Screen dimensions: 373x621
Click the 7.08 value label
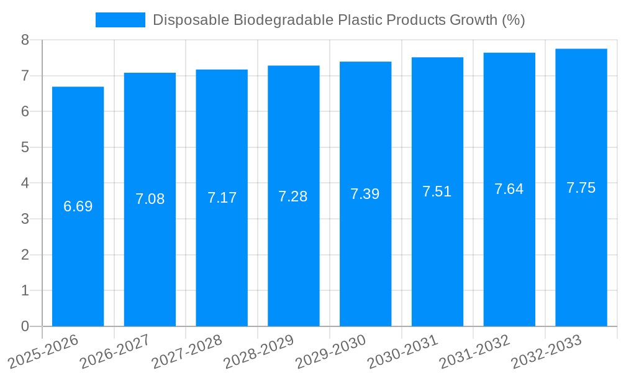150,199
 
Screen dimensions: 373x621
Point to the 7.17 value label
222,198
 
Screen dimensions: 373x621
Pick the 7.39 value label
365,194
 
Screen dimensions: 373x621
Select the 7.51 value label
437,191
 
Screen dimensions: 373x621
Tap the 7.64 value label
509,189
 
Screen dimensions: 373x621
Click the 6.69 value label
78,206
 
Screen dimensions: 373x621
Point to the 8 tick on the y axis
25,40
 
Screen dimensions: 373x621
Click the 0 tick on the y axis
25,326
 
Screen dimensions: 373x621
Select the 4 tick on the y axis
25,183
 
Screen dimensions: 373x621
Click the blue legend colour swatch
120,20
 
